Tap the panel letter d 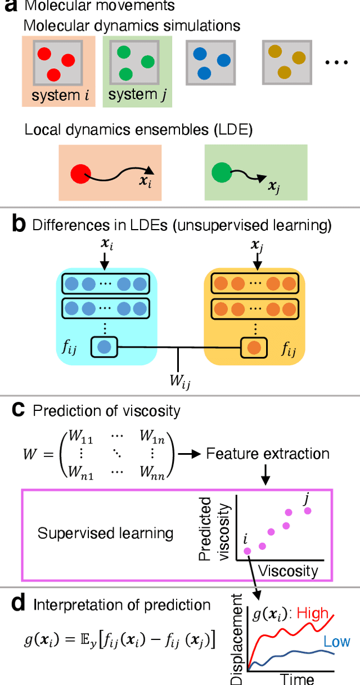pyautogui.click(x=18, y=605)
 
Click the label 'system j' pyautogui.click(x=137, y=96)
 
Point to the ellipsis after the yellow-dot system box pyautogui.click(x=337, y=62)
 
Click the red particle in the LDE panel pyautogui.click(x=80, y=172)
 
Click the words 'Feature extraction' pyautogui.click(x=268, y=453)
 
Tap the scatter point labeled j pyautogui.click(x=307, y=511)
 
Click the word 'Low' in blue pyautogui.click(x=336, y=642)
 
